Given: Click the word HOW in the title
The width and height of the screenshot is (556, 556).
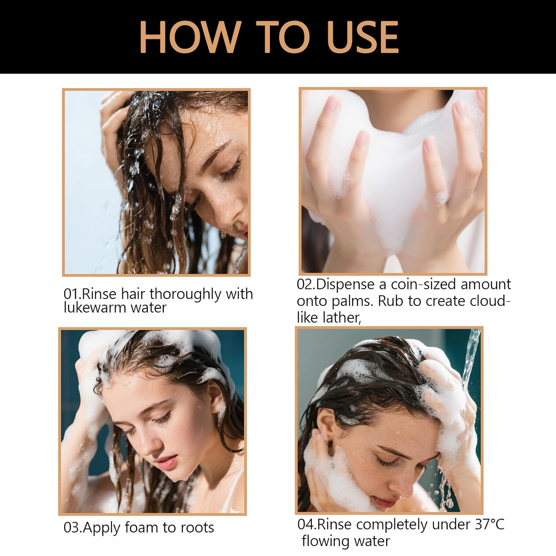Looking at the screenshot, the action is [189, 37].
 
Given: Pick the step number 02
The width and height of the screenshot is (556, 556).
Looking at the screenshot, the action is [305, 285].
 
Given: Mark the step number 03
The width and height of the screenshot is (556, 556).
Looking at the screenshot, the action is [71, 528].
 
